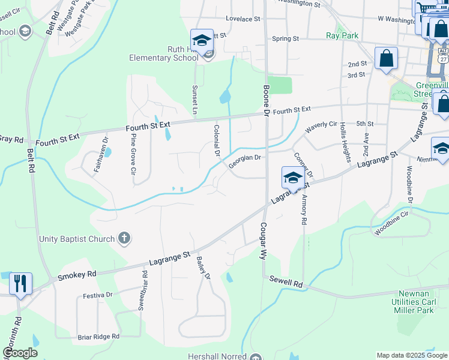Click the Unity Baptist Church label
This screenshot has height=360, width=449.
click(76, 239)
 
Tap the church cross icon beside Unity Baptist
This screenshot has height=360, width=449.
click(124, 239)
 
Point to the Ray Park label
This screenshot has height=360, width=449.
click(342, 36)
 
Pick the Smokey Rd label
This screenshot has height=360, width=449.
click(77, 274)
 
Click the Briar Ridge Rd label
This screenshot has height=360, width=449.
click(98, 337)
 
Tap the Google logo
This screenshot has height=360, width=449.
click(20, 353)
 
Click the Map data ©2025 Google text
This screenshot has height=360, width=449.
click(412, 355)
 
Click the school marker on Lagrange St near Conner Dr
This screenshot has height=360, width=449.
click(292, 178)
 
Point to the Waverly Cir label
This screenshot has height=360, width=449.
click(321, 127)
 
